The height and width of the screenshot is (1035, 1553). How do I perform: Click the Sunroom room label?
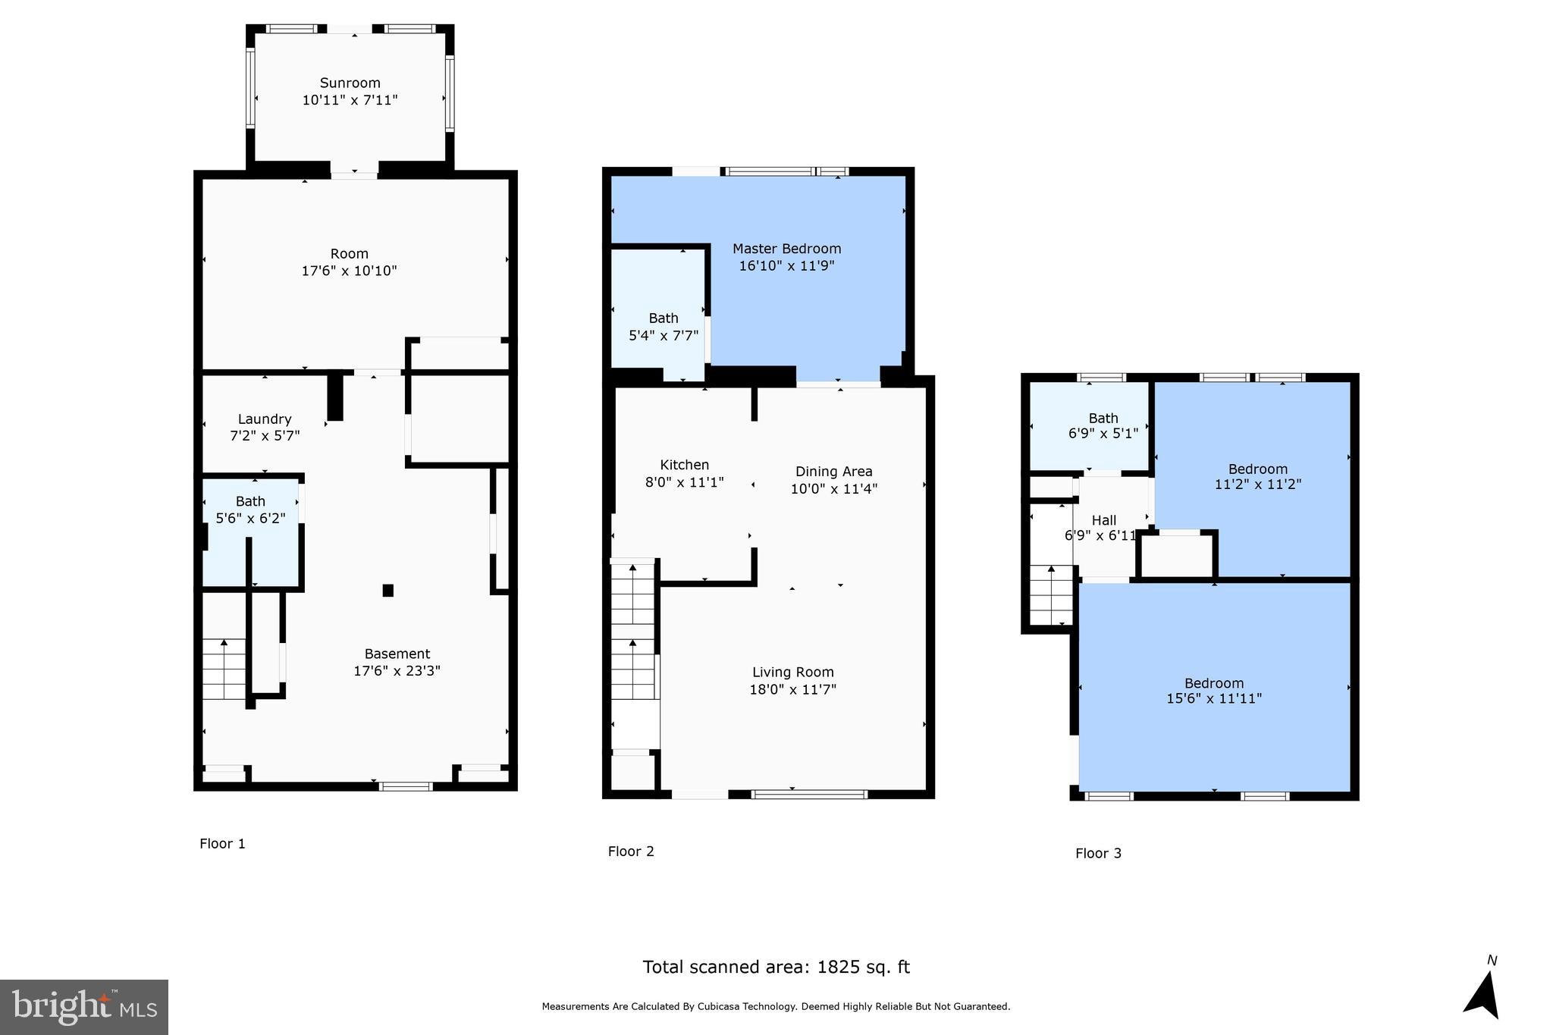[x=350, y=83]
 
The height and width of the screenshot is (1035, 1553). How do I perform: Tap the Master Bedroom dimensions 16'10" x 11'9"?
[x=786, y=266]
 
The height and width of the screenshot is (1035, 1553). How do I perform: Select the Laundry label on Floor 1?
[x=264, y=419]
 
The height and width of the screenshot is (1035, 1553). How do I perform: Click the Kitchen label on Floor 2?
[x=684, y=465]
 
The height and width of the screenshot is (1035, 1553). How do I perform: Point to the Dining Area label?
[x=833, y=472]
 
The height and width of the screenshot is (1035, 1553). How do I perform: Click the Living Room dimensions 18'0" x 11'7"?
[x=792, y=689]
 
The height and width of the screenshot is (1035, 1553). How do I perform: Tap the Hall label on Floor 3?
[x=1103, y=520]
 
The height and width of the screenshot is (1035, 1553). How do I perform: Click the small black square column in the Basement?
[x=388, y=590]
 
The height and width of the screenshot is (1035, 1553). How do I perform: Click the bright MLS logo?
[x=84, y=1007]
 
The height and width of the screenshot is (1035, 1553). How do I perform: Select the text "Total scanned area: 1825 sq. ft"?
[x=776, y=967]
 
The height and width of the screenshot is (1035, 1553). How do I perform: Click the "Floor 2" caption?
[x=630, y=852]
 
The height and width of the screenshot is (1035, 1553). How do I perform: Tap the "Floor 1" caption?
[x=222, y=844]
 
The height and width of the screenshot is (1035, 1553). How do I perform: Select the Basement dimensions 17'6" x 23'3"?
[x=397, y=671]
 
